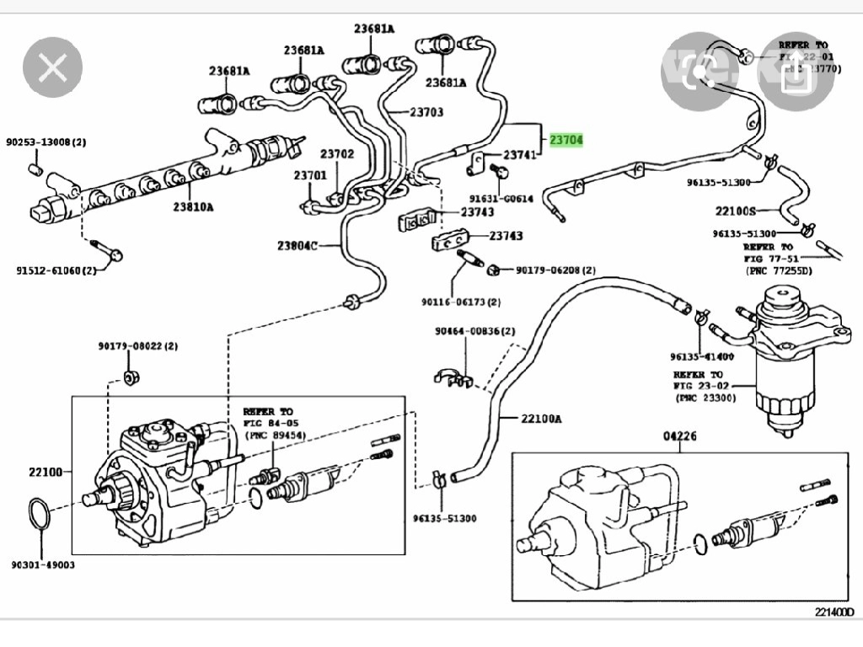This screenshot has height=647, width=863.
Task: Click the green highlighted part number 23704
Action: click(566, 140)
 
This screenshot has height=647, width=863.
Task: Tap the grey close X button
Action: click(52, 67)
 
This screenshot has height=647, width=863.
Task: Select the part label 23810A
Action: click(193, 206)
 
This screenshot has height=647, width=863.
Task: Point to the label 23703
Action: click(426, 112)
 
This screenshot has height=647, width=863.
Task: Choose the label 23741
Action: click(519, 156)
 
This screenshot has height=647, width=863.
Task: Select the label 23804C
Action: click(297, 246)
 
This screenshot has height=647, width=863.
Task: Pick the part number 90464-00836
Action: click(474, 331)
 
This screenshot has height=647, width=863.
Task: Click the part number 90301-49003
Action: click(43, 564)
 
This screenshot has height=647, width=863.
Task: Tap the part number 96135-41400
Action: click(702, 356)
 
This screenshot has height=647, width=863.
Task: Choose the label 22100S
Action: click(737, 211)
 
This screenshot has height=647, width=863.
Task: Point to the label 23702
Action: click(337, 154)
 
